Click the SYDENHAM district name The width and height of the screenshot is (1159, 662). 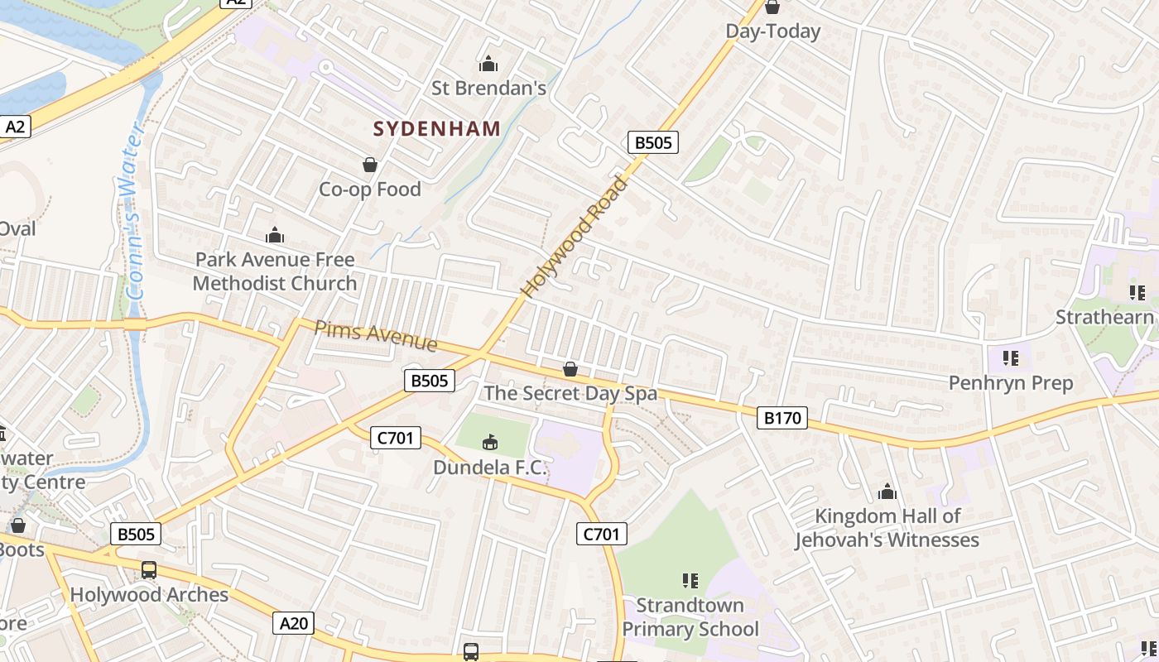click(x=436, y=128)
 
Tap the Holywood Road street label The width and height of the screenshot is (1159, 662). click(x=575, y=237)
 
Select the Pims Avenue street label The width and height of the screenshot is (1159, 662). click(x=375, y=335)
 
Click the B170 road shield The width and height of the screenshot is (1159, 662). click(x=781, y=418)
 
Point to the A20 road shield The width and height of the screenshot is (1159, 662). click(x=294, y=623)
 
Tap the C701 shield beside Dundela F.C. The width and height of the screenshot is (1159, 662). click(x=396, y=438)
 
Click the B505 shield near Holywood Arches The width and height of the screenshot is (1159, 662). click(x=136, y=534)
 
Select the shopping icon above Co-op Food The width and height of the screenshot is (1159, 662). click(x=370, y=165)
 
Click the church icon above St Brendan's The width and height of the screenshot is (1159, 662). click(x=488, y=64)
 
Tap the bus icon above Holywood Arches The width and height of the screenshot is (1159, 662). click(x=149, y=570)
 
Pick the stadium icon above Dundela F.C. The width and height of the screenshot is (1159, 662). click(x=490, y=443)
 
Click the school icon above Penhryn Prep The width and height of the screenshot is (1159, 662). click(x=1010, y=358)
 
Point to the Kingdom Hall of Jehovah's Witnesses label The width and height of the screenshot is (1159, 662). click(x=887, y=528)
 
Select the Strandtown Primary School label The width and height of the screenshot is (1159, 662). click(x=690, y=617)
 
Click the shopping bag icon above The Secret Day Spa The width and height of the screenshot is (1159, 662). click(x=570, y=369)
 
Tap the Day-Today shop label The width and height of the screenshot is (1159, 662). click(x=772, y=31)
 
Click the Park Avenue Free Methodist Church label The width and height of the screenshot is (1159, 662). click(x=275, y=271)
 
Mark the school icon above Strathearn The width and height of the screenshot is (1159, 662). click(x=1137, y=292)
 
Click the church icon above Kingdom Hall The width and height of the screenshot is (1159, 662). click(x=887, y=492)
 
